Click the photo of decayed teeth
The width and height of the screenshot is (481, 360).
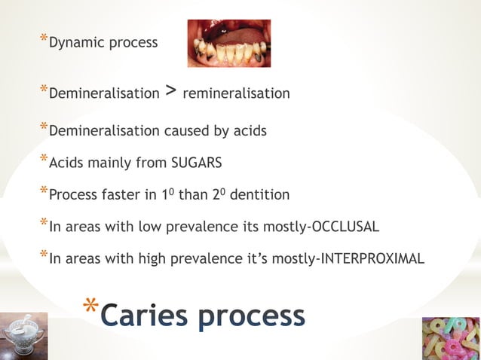point(229,44)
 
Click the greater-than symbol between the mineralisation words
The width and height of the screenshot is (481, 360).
point(171,92)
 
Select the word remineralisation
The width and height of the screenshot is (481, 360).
point(236,94)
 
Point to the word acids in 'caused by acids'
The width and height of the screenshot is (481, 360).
point(249,131)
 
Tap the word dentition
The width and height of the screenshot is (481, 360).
point(260,195)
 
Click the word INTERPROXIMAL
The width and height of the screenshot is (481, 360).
point(372,260)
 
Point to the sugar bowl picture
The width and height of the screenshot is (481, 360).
point(23,336)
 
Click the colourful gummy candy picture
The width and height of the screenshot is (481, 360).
point(451,338)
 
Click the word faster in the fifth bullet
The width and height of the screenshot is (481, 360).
point(116,195)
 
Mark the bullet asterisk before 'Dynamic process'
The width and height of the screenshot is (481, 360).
point(43,38)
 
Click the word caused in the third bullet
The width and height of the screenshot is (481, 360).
point(182,131)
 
